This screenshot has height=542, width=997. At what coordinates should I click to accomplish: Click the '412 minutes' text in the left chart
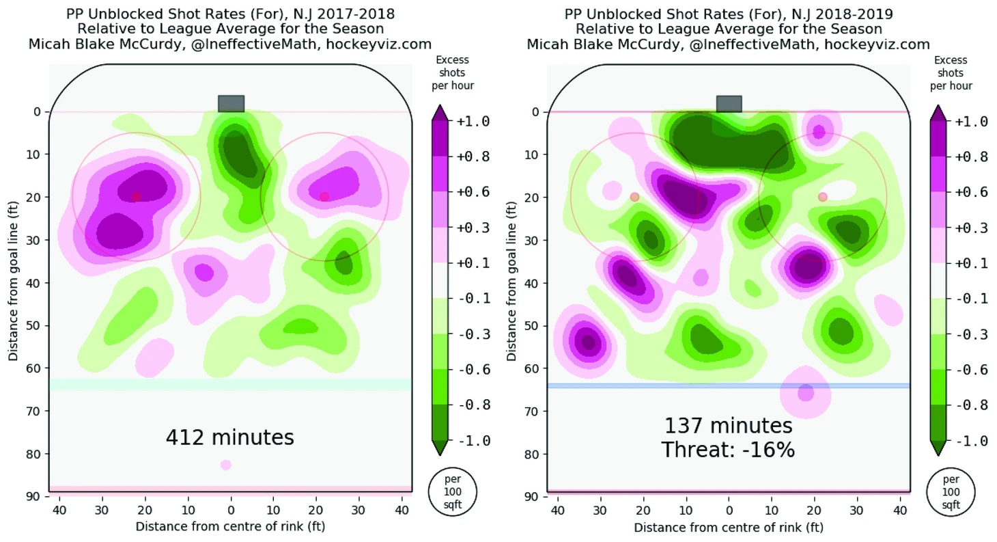point(229,437)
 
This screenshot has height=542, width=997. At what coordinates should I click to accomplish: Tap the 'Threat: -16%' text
point(728,450)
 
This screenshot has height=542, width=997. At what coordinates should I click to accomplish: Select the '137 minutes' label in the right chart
point(728,426)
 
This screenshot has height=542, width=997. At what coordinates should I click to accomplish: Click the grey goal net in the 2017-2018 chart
point(231,103)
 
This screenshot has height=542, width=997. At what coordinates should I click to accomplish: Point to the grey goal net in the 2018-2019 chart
point(729,103)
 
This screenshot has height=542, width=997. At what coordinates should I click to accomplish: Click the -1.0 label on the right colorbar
point(970,441)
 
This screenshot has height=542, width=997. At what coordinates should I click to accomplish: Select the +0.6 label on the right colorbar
point(970,192)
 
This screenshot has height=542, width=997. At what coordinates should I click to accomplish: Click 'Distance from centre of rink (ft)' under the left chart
point(230,526)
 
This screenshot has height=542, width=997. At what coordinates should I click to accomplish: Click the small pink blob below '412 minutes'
point(225,465)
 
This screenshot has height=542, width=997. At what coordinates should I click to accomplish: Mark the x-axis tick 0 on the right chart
point(729,510)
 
